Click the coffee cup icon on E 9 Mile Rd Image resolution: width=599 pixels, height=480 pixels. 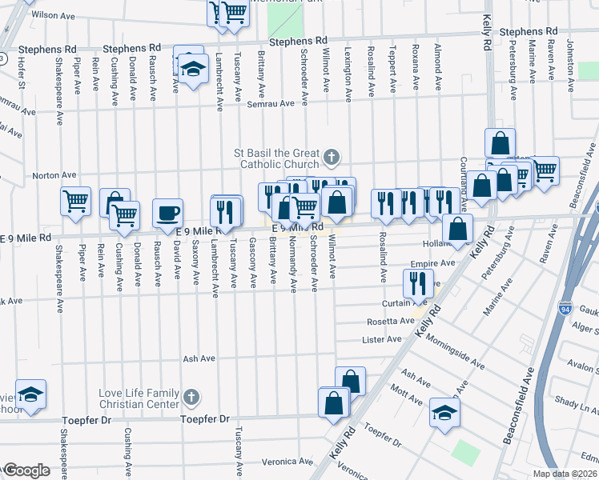(167, 214)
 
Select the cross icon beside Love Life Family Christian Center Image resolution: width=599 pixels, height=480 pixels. (191, 397)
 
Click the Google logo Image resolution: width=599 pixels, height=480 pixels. (26, 470)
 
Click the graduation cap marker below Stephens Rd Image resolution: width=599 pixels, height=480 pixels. (192, 70)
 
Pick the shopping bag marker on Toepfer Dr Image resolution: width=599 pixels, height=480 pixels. (334, 403)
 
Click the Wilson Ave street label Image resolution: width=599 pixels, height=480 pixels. (54, 15)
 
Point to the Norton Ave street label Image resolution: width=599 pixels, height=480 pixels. (54, 175)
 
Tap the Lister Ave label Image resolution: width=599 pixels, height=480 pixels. (383, 339)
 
